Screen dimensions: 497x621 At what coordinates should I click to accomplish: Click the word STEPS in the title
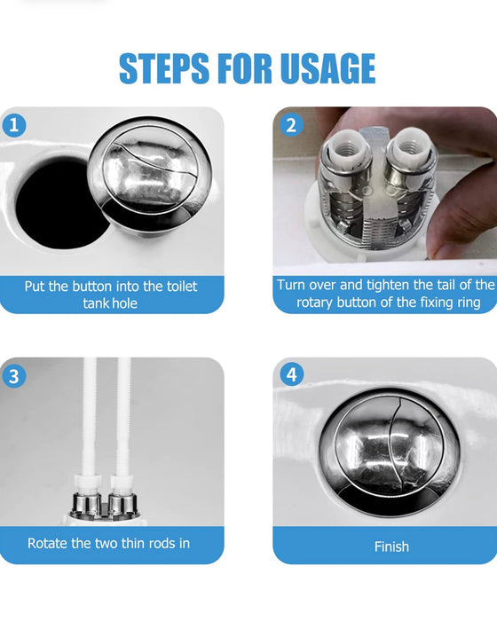[x=164, y=68]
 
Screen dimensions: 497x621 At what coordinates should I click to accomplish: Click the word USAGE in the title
[x=327, y=68]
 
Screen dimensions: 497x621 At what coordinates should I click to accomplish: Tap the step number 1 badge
[x=14, y=126]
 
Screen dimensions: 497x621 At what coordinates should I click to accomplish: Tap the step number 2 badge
[x=291, y=125]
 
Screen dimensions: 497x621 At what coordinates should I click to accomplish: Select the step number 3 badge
[x=14, y=376]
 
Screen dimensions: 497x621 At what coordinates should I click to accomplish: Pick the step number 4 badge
[x=292, y=374]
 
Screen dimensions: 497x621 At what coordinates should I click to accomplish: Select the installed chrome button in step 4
[x=390, y=452]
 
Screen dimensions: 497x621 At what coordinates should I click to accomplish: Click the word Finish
[x=391, y=546]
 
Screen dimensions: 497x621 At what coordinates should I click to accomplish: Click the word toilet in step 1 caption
[x=182, y=286]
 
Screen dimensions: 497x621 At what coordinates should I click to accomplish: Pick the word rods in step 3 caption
[x=162, y=543]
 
